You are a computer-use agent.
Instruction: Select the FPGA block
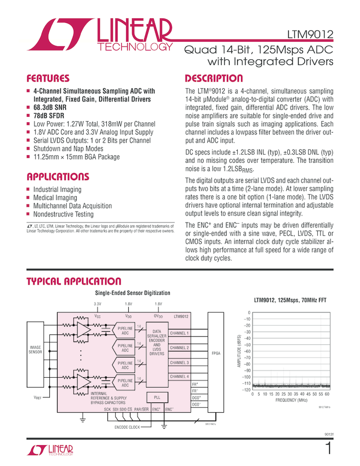coord(215,354)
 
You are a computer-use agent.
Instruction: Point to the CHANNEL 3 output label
coord(180,362)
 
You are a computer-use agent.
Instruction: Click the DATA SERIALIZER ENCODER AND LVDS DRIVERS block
coord(157,343)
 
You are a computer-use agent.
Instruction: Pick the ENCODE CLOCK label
coord(127,427)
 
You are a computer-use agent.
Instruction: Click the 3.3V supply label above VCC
coord(98,304)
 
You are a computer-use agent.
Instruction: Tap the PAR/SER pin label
coord(142,410)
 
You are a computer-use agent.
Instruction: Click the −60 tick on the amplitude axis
coord(247,351)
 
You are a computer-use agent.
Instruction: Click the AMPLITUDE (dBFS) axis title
coord(239,351)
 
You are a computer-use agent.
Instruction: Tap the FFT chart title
coord(290,301)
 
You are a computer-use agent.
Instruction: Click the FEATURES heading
coord(48,78)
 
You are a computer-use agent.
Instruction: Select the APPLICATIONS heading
coord(58,177)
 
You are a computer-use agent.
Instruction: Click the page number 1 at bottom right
coord(328,449)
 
